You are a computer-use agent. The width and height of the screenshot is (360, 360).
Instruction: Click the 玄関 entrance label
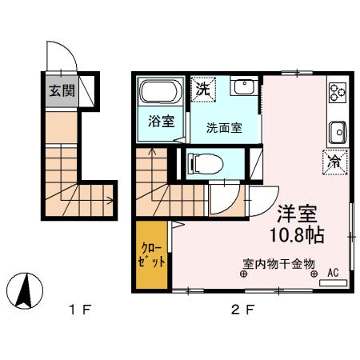click(59, 89)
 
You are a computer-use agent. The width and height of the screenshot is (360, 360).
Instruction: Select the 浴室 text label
click(162, 121)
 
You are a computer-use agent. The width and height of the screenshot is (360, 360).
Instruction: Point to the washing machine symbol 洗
click(202, 90)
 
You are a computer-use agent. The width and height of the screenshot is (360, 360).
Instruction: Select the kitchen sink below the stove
click(337, 130)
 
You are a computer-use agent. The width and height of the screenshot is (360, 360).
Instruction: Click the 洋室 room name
click(298, 214)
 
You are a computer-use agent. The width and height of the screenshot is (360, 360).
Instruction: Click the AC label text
click(332, 272)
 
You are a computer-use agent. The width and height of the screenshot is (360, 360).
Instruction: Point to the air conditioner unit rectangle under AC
click(334, 282)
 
